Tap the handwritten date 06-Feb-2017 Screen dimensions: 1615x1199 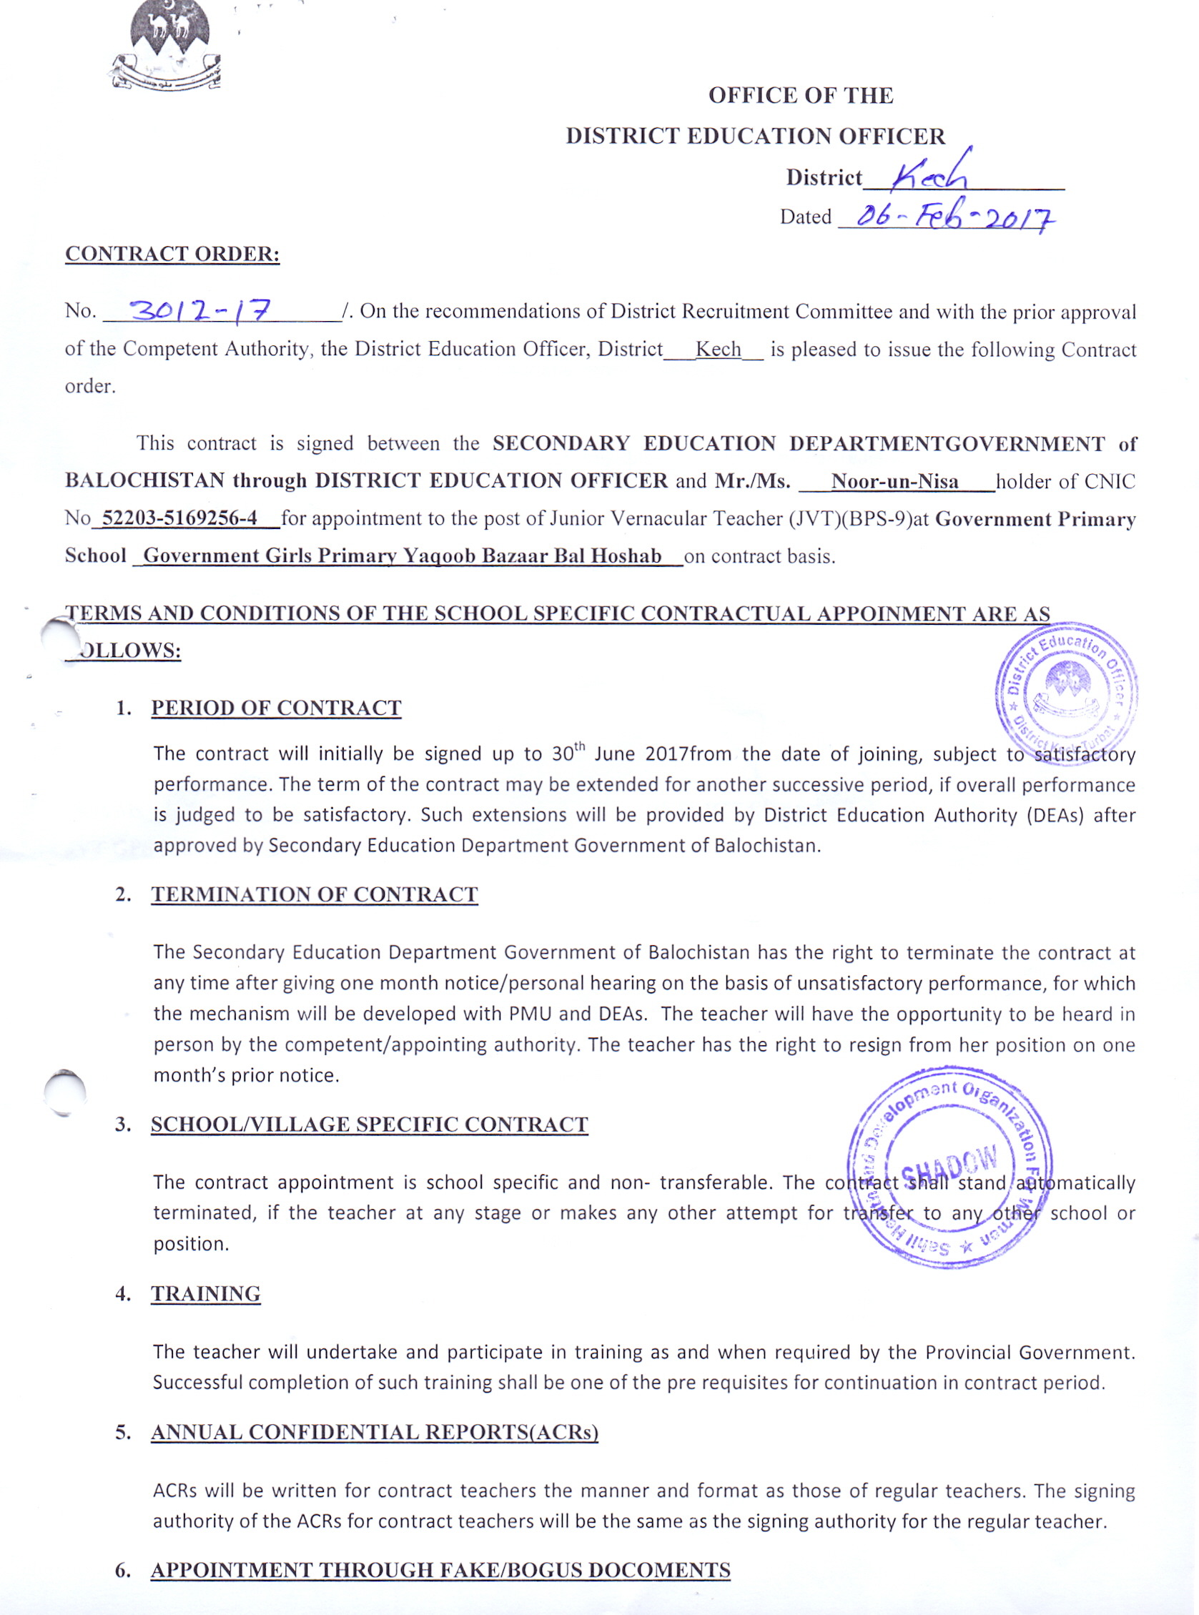pos(954,217)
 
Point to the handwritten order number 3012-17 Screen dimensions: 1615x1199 pos(199,311)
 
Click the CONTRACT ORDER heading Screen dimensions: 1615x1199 pos(172,253)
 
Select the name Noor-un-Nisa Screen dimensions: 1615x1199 pos(894,481)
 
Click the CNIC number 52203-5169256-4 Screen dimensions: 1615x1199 pos(179,518)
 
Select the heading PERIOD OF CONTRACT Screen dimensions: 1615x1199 pos(276,708)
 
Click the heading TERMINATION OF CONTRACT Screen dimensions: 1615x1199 pos(315,894)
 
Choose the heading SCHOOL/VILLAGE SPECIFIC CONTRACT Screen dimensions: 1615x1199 pos(369,1125)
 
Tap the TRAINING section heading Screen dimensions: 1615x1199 pos(205,1294)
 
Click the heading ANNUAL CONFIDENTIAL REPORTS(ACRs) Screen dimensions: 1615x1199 pos(374,1432)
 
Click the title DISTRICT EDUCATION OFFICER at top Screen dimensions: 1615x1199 pos(755,136)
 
